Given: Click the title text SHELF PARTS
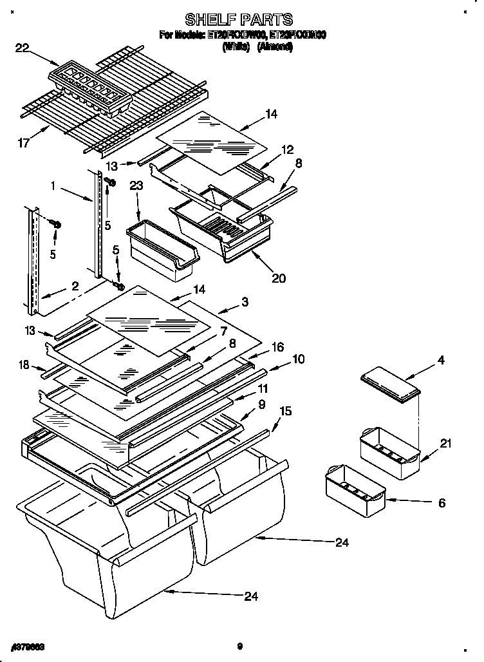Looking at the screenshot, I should pos(239,19).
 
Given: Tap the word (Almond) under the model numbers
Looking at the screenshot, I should pos(275,47).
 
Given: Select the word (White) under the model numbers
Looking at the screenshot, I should pos(236,47).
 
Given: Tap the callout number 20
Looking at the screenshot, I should pos(279,278).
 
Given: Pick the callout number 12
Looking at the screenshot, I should pos(286,149).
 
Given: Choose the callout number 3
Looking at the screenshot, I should pos(245,301).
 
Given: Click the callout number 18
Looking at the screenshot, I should pos(24,365).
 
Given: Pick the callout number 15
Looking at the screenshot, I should pos(286,410).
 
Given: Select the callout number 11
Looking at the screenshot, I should pos(263,389).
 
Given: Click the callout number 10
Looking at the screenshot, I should pos(299,359).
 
